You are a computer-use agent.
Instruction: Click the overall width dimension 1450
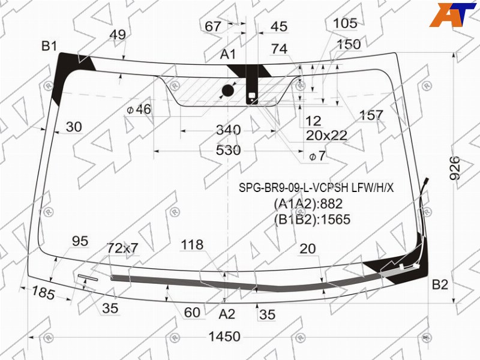[224, 337]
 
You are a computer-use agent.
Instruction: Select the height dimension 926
[455, 168]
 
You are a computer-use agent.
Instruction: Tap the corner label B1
[49, 46]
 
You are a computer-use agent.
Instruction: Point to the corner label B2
[440, 284]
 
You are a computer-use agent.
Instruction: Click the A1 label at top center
[228, 54]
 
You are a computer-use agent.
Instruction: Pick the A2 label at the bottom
[227, 314]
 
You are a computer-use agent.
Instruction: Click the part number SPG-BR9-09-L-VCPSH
[293, 188]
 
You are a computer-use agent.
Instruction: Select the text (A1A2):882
[308, 203]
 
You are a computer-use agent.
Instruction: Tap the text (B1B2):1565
[312, 220]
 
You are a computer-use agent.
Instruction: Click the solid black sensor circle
[228, 91]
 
